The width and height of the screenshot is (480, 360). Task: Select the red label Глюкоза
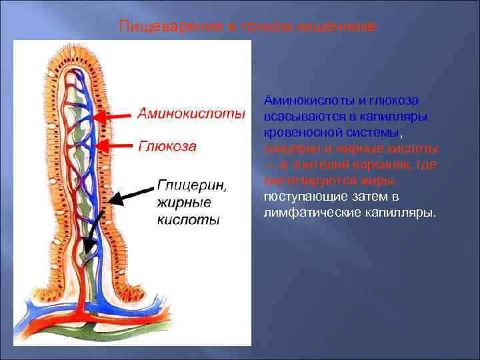point(167,146)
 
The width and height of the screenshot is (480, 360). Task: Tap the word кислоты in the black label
point(187,219)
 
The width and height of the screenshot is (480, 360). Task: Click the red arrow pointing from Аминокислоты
point(113,115)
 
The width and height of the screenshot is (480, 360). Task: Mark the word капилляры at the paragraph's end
point(406,213)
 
